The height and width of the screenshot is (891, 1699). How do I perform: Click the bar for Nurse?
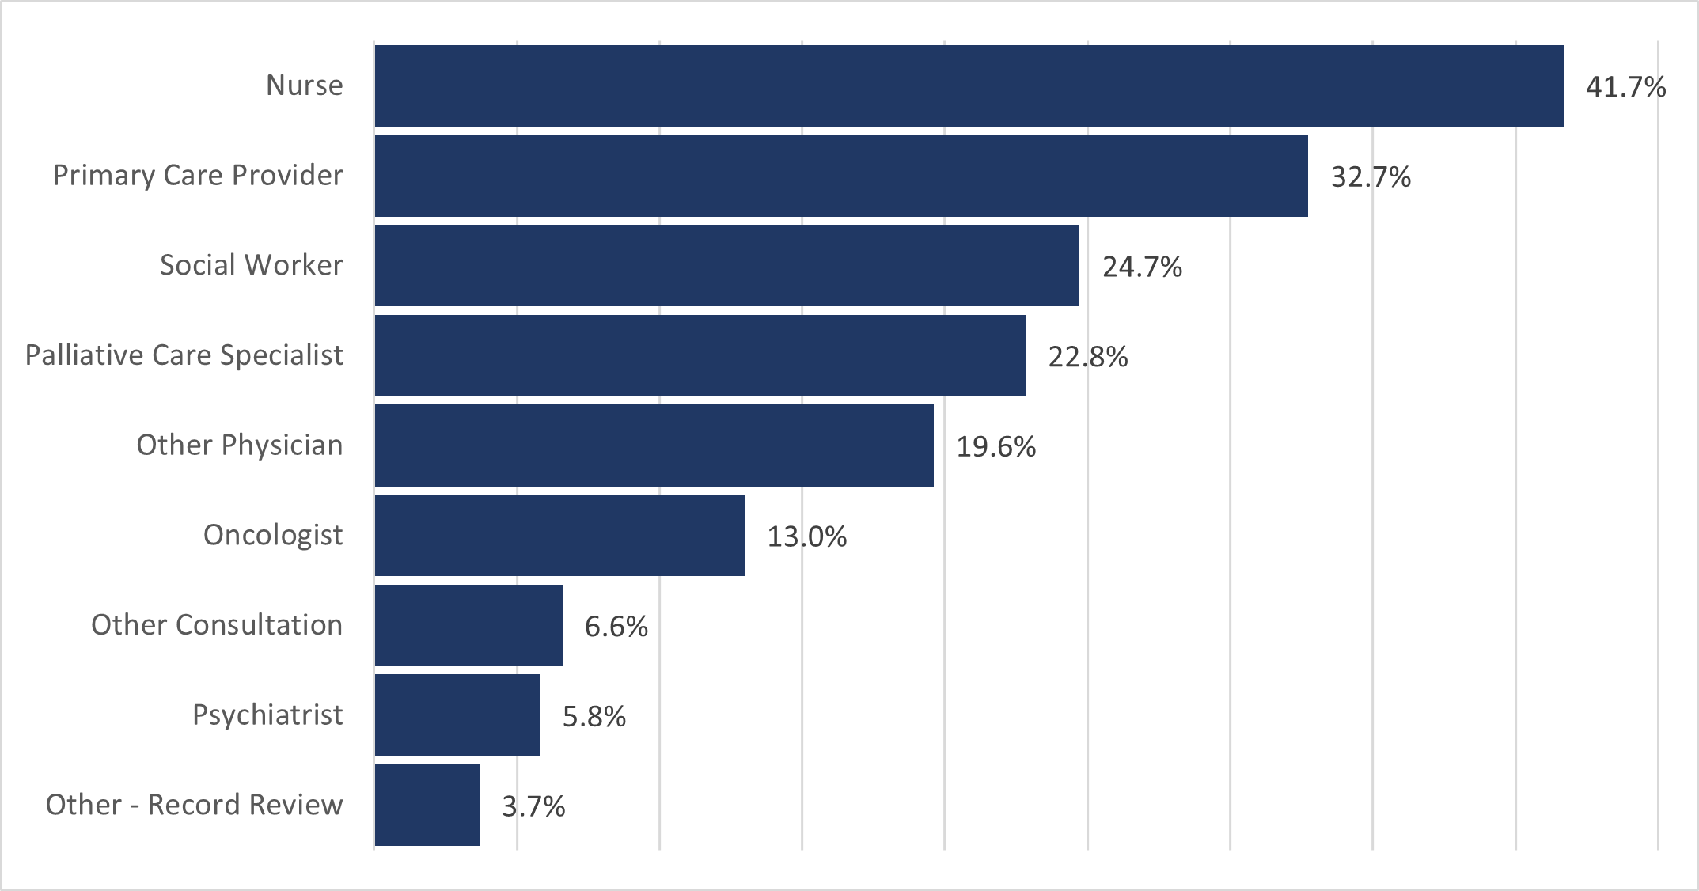(x=969, y=85)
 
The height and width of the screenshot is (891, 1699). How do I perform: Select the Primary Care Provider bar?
(x=841, y=176)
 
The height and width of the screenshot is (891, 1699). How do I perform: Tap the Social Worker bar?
(x=726, y=265)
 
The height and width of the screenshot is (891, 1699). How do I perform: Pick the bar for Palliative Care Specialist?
(x=700, y=355)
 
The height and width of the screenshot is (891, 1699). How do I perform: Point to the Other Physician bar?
(x=654, y=445)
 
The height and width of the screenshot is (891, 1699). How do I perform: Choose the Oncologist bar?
(x=559, y=536)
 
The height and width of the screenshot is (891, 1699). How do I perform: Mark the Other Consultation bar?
(x=468, y=625)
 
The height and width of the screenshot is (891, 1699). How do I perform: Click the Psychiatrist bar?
(x=457, y=715)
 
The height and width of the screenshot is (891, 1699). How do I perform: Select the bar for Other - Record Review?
(x=427, y=805)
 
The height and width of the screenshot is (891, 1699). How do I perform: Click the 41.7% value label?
(x=1625, y=87)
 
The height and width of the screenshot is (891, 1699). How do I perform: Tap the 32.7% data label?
(x=1371, y=177)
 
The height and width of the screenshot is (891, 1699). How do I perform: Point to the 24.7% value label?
(x=1142, y=267)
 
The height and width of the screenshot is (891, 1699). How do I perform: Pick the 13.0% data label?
(x=806, y=537)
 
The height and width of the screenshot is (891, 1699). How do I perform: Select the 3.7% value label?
(x=533, y=807)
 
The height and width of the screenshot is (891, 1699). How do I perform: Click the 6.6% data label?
(x=616, y=627)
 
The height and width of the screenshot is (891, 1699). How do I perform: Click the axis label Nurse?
(x=304, y=85)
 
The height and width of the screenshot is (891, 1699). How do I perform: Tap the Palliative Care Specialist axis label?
(x=184, y=355)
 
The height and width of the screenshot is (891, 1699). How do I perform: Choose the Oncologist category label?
(x=273, y=536)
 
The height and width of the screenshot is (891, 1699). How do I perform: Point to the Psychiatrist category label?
(x=267, y=715)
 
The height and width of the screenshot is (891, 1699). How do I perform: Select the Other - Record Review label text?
(x=194, y=805)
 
